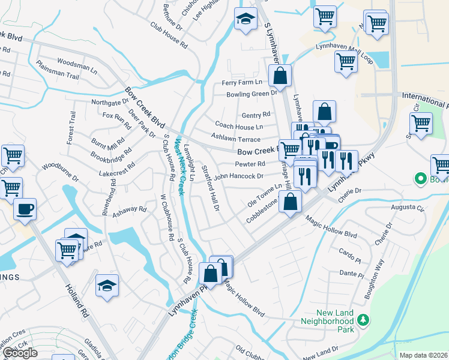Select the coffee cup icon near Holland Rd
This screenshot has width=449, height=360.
pos(25,210)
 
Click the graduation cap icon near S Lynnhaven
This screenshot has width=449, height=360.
pos(245,20)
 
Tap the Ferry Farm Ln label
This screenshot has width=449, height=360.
pos(242,82)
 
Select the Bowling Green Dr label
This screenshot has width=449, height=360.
pos(252,94)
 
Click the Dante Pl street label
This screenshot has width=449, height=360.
pos(349,272)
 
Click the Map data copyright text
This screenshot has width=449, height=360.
pos(424,355)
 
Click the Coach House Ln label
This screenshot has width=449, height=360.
pos(239,127)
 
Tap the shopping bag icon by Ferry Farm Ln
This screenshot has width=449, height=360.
pos(280,76)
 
